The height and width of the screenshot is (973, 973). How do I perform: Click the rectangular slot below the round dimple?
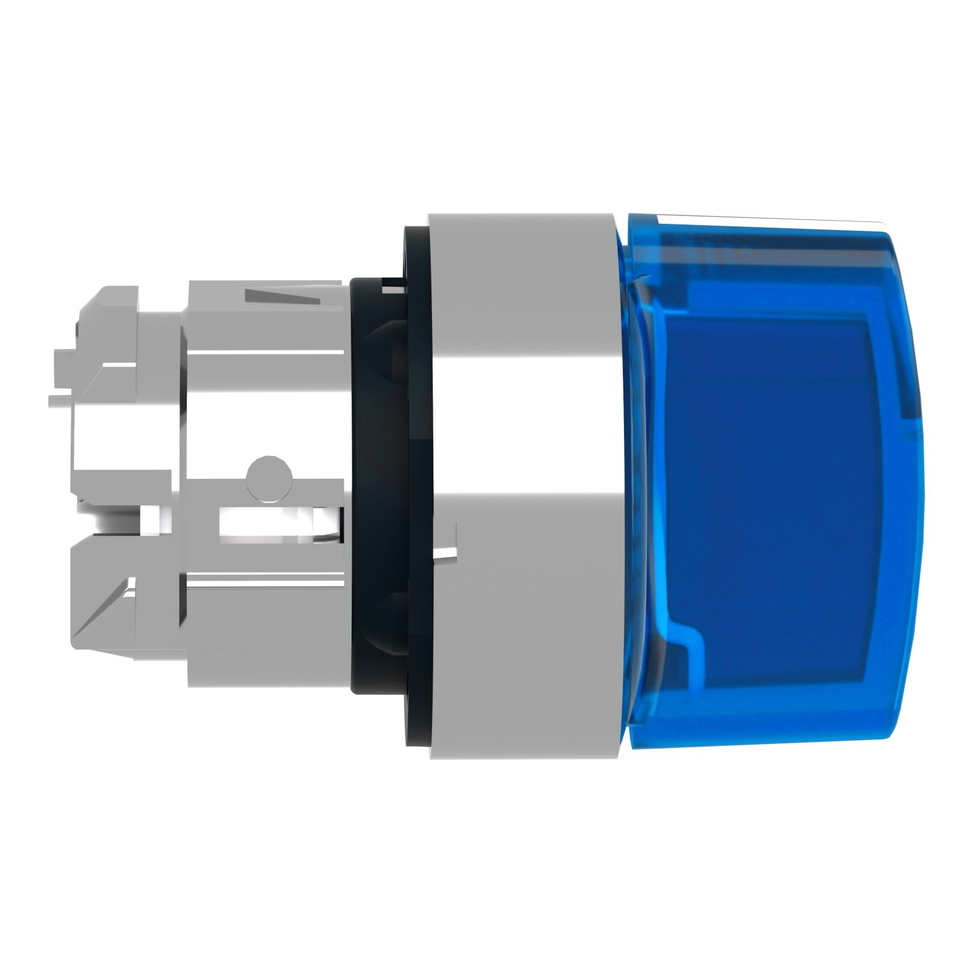coord(272,522)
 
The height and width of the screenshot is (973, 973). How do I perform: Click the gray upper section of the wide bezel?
coord(519,292)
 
